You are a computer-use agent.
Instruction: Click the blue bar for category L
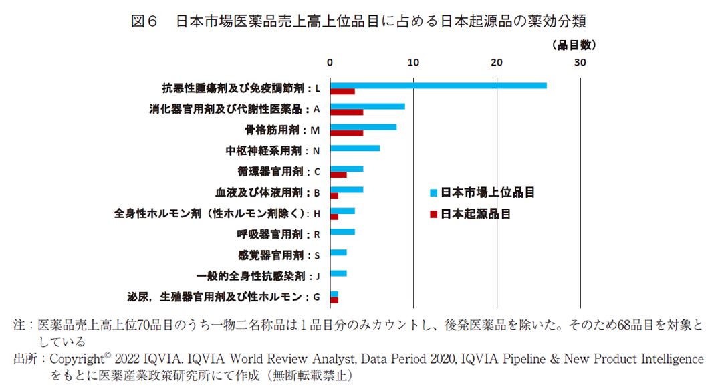click(438, 86)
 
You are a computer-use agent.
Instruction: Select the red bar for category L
click(342, 92)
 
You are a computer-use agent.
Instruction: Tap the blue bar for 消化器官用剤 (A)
click(367, 106)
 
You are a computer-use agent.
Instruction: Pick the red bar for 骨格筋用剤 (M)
click(346, 133)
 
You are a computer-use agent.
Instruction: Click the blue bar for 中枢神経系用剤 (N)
click(354, 148)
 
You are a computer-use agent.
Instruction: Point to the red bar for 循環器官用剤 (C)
click(338, 174)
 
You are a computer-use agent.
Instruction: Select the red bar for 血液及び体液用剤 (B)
click(334, 195)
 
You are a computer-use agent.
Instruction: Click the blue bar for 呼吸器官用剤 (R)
click(342, 231)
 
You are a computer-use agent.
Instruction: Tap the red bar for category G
click(334, 300)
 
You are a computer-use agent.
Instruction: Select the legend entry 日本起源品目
click(475, 214)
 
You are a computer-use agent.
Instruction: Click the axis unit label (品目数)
click(574, 45)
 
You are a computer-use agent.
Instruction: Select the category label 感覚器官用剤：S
click(279, 255)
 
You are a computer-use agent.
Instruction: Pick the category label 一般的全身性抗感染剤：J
click(258, 275)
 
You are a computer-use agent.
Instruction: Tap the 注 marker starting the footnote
click(19, 325)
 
